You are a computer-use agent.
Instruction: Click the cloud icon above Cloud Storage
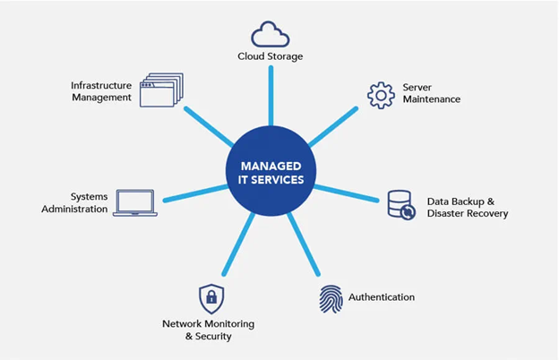coord(270,34)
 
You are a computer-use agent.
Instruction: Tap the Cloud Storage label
coord(270,56)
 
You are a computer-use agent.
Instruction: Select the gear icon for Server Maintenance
coord(381,93)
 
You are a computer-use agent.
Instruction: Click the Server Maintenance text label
coord(431,93)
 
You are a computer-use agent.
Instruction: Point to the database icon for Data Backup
coord(400,205)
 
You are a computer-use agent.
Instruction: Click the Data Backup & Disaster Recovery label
coord(467,207)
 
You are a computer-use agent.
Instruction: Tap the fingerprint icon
coord(331,298)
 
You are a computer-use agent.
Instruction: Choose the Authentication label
coord(381,296)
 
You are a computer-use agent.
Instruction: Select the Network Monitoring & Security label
coord(209,330)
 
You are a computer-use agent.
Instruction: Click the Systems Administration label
coord(76,202)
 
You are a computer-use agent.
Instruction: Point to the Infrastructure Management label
coord(102,90)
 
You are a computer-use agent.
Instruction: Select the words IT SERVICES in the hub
coord(271,180)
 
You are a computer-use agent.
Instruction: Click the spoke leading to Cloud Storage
coord(271,99)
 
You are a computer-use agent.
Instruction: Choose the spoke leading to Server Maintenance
coord(332,126)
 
